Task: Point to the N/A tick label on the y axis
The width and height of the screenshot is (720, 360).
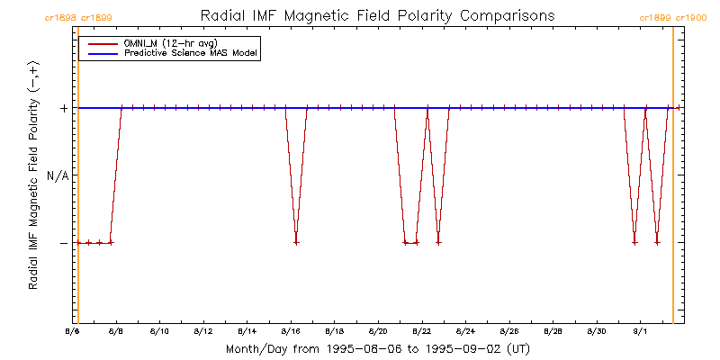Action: (x=58, y=175)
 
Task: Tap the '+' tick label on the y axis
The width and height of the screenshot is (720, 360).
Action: (x=64, y=108)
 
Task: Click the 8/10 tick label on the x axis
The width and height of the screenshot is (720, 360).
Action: (x=159, y=332)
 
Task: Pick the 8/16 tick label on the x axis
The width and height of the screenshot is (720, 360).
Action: (x=291, y=332)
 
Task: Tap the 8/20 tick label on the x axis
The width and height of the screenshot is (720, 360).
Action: (x=378, y=332)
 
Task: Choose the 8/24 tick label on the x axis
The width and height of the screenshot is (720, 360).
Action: (x=465, y=332)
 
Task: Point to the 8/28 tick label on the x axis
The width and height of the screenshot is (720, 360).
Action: (x=553, y=332)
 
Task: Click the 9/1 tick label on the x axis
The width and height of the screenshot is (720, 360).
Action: (x=640, y=332)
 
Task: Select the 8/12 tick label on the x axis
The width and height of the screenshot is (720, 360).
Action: (x=203, y=332)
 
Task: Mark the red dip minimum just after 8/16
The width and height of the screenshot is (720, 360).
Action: (x=296, y=242)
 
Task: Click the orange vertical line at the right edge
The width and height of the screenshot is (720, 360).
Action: (x=673, y=180)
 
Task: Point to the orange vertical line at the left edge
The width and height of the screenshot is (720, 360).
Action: (x=78, y=180)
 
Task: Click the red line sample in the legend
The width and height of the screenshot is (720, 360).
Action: (x=97, y=43)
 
